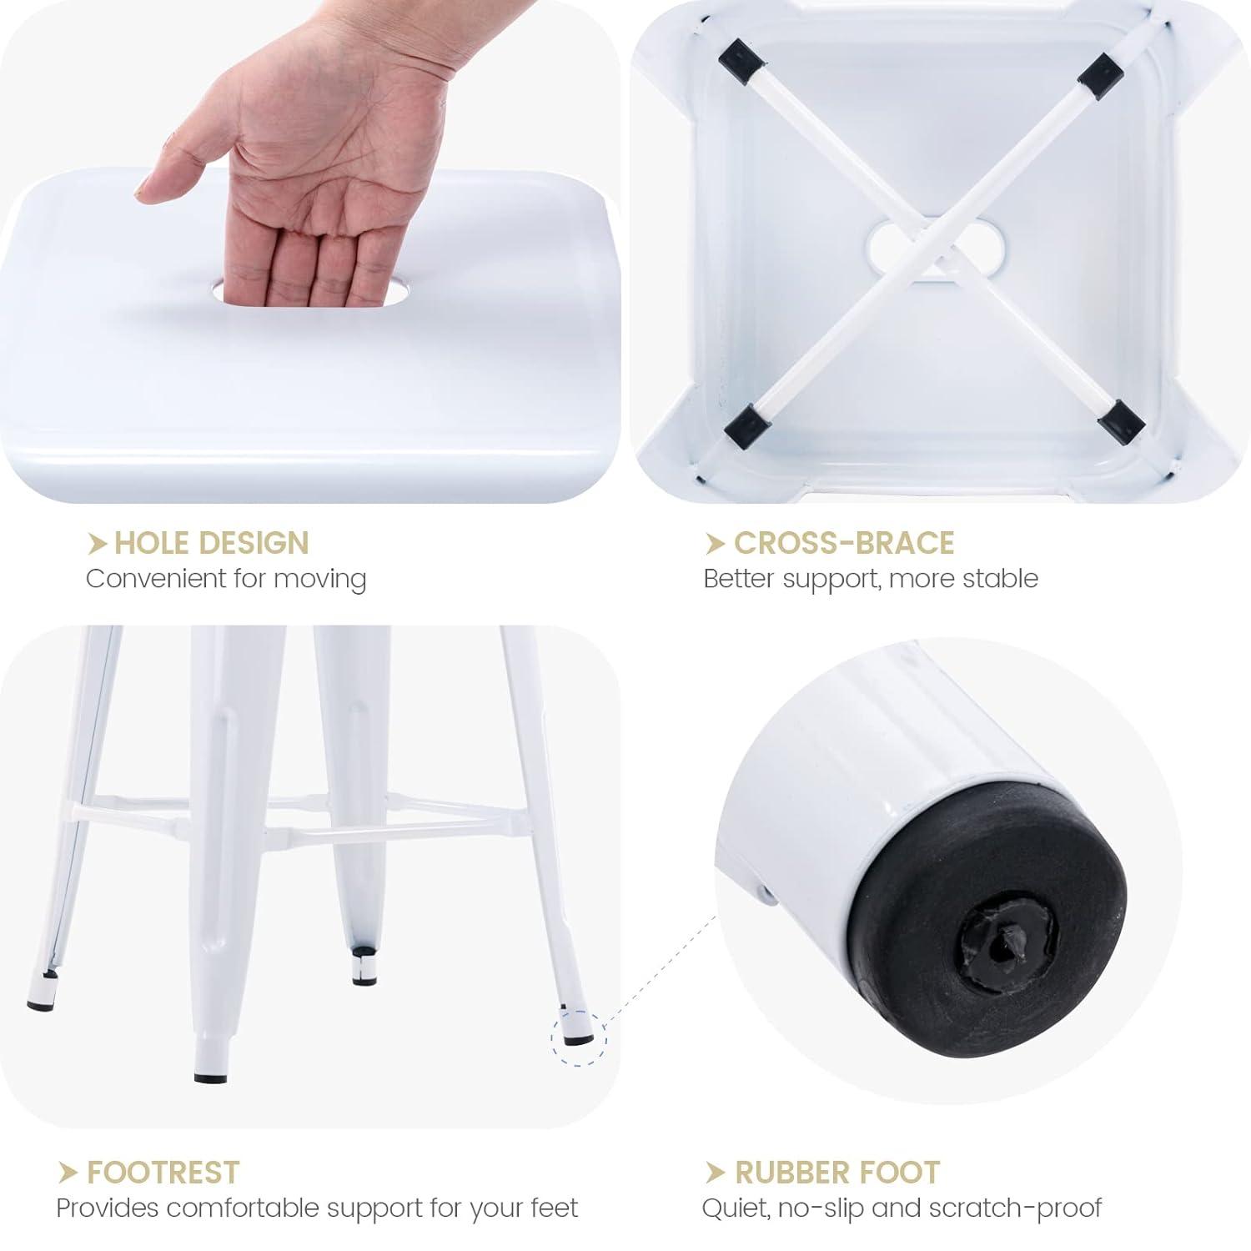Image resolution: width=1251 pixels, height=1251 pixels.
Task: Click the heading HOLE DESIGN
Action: click(211, 543)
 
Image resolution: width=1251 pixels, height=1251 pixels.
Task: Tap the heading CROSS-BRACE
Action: click(843, 543)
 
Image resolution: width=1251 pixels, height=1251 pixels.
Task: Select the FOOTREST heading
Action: click(163, 1172)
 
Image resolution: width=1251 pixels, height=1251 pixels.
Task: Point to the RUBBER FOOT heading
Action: click(837, 1172)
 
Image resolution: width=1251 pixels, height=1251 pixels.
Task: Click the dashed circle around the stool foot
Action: click(579, 1037)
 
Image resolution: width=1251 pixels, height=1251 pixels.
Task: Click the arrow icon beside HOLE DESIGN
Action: click(98, 544)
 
